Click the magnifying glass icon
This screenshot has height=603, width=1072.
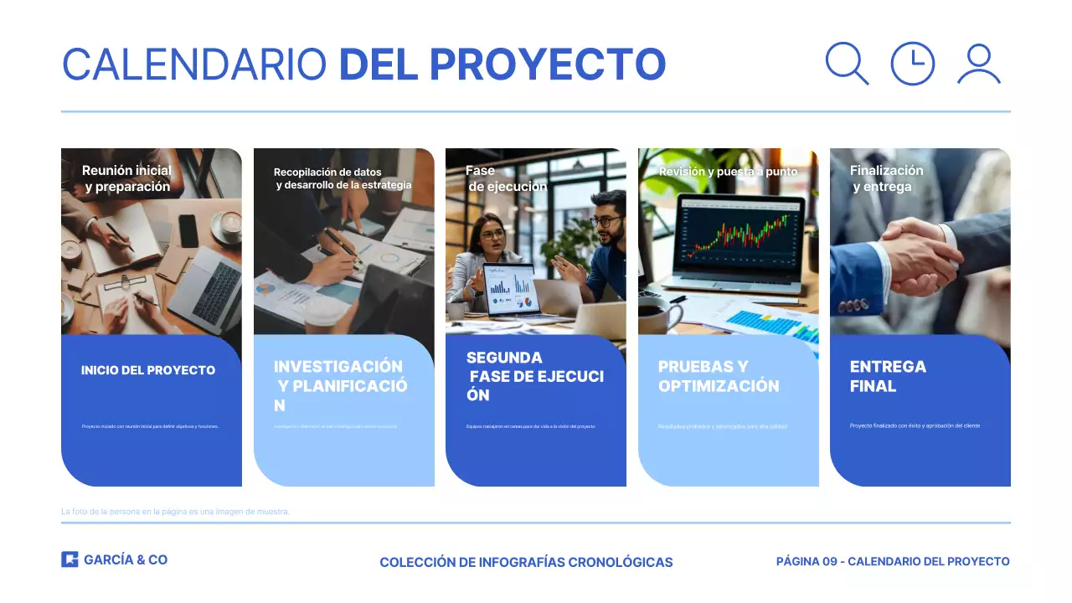(846, 63)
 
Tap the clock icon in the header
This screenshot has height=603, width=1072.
(912, 64)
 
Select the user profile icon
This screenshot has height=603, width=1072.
(978, 64)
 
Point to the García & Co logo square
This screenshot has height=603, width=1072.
(70, 559)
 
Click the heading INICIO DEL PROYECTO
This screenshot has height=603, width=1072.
(148, 370)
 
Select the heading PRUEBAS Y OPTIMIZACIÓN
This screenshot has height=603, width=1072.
(719, 376)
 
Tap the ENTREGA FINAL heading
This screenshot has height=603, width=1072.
(888, 376)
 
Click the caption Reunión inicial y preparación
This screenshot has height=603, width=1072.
(127, 178)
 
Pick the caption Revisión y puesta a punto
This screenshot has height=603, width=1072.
(728, 172)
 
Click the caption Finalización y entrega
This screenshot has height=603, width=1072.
(886, 178)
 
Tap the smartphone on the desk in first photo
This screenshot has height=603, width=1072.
(188, 230)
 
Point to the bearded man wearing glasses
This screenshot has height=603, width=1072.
(607, 221)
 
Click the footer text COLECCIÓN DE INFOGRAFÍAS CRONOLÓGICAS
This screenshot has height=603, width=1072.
(526, 562)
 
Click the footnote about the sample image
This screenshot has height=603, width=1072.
(175, 511)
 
